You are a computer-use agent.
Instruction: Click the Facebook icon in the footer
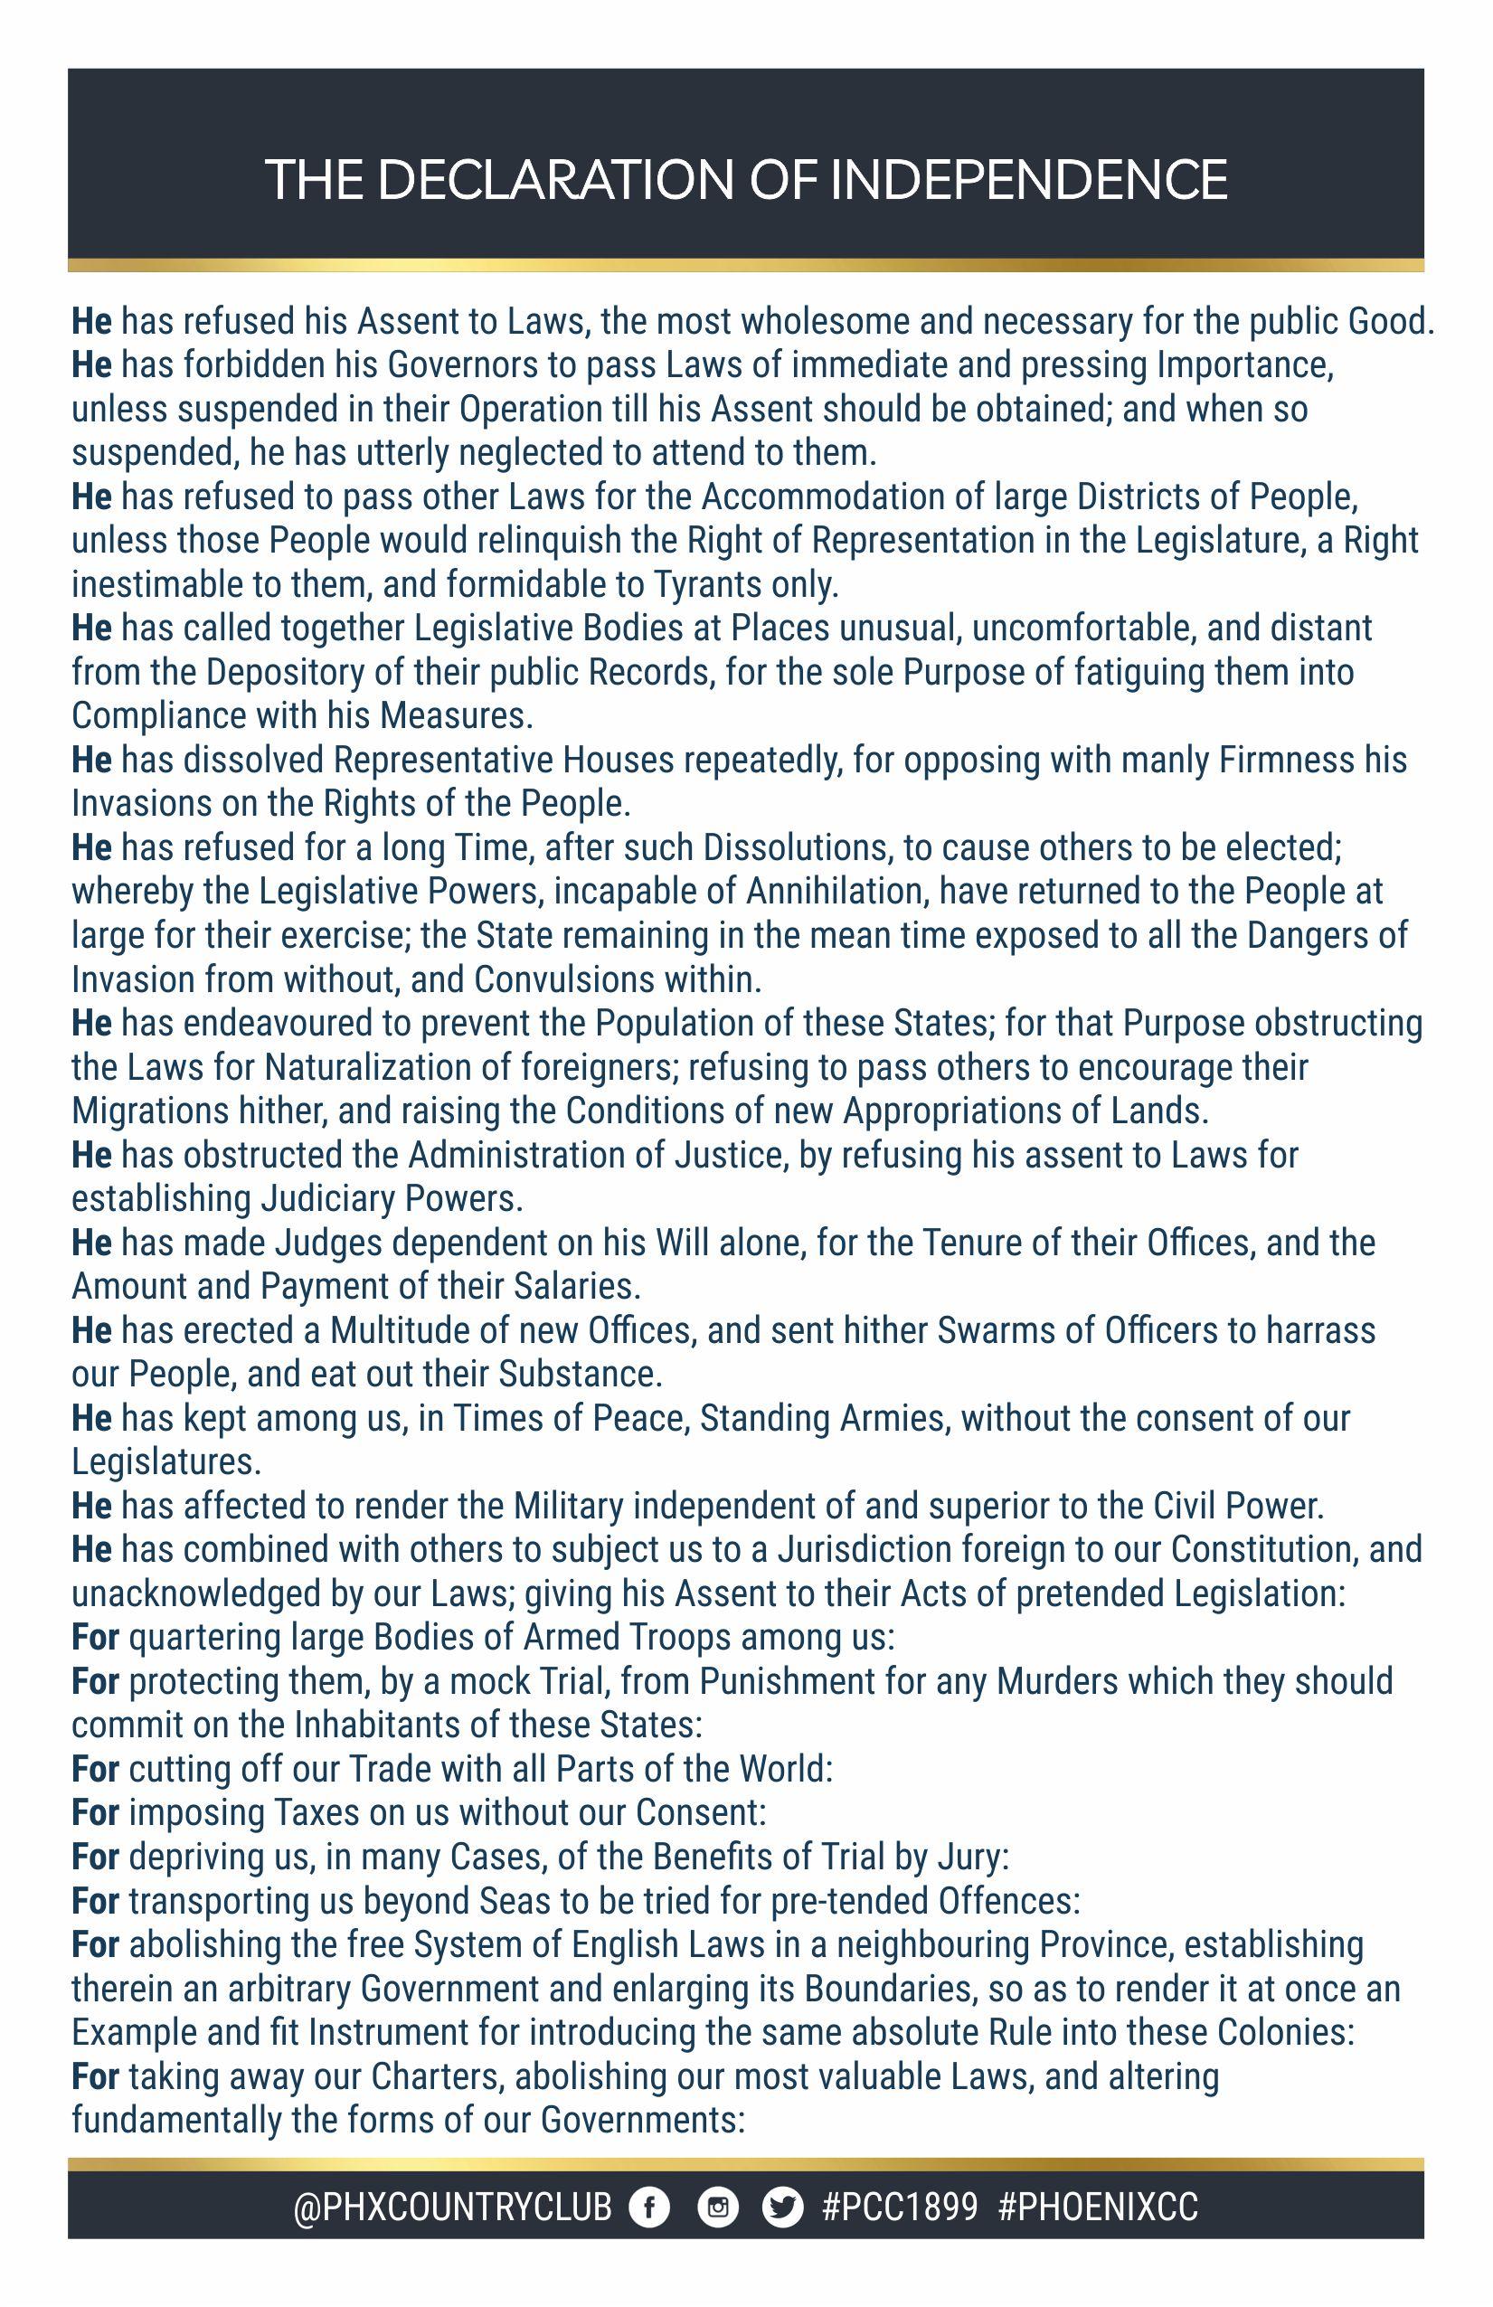648,2208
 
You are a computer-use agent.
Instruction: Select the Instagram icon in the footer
717,2208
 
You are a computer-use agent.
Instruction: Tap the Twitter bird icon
782,2208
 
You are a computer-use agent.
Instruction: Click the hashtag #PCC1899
900,2208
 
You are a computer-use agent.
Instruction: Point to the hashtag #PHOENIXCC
1098,2208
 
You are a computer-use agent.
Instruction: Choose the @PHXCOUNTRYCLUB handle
453,2208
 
